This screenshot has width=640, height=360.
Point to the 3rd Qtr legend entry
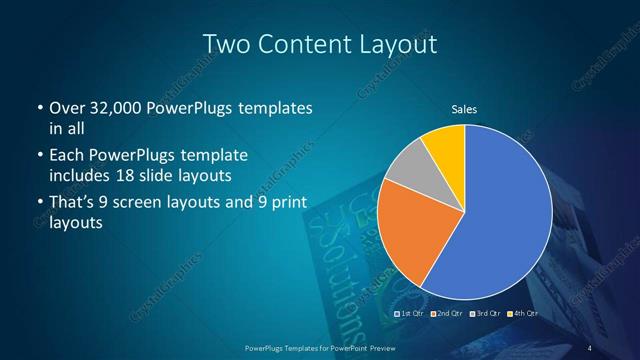coord(487,314)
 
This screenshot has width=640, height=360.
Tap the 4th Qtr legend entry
coord(524,314)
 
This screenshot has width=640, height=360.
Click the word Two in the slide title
coord(225,44)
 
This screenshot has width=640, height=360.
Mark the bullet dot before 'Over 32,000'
coord(39,109)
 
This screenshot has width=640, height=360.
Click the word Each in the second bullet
coord(66,156)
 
